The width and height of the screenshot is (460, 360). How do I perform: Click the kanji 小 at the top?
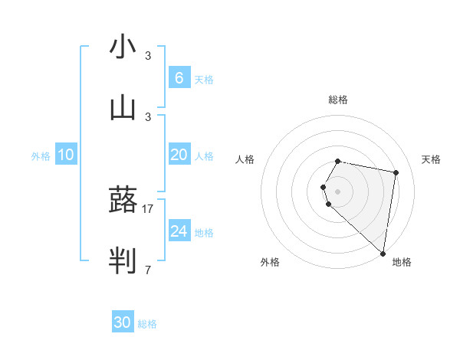pos(123,47)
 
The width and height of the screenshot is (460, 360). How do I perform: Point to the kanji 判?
pos(123,261)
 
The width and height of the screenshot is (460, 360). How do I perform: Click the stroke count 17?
pos(148,208)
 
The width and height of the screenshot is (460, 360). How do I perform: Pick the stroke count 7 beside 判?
pos(148,270)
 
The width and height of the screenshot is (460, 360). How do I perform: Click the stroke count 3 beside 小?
pos(148,56)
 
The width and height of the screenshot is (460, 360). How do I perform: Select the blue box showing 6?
pos(179,77)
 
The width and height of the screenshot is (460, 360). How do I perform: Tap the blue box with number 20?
pos(179,154)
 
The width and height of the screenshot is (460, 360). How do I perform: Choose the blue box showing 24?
pos(179,231)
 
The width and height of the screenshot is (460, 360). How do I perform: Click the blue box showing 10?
pos(66,155)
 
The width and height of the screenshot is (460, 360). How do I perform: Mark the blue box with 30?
pos(123,322)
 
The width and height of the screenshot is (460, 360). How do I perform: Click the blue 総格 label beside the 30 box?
pos(147,324)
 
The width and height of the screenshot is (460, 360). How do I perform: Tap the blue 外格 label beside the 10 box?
pos(41,156)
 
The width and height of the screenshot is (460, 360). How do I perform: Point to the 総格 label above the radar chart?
pos(338,100)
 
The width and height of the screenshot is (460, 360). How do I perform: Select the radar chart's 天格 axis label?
pos(431,159)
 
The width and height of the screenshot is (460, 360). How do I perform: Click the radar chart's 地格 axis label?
pos(402,262)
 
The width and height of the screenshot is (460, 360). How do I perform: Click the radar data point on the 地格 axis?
pos(383,253)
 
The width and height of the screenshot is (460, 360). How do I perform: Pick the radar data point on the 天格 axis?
pos(396,173)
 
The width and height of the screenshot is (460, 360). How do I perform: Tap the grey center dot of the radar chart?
pos(338,191)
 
